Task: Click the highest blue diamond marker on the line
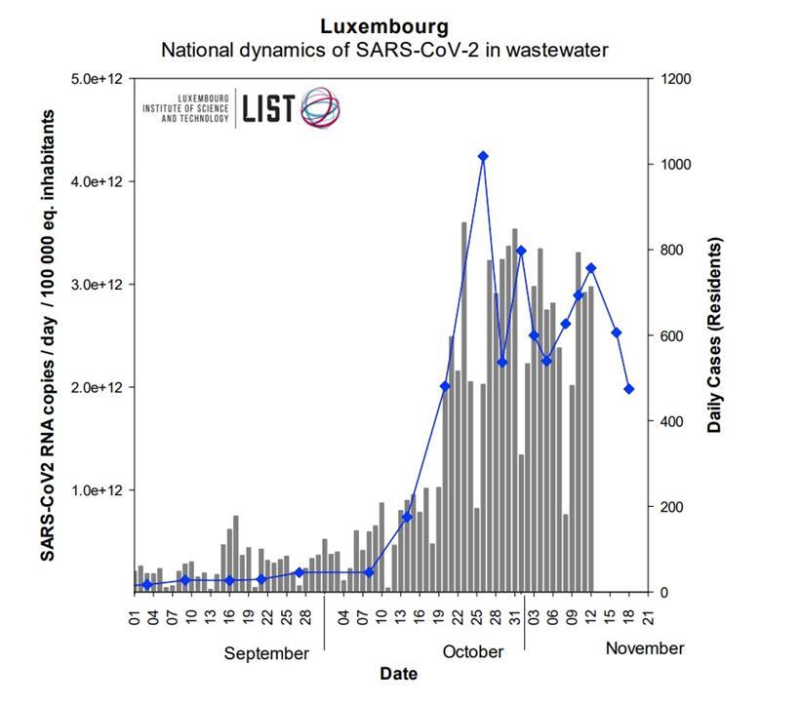tap(483, 156)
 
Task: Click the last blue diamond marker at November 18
tap(629, 389)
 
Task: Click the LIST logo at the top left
tap(291, 108)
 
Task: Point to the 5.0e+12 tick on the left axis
tap(99, 79)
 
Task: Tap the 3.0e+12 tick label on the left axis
tap(99, 285)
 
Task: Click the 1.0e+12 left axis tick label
tap(99, 490)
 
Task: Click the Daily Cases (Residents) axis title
tap(715, 334)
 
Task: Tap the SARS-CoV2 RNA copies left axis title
tap(47, 334)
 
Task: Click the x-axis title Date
tap(398, 674)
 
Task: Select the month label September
tap(266, 653)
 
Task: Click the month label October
tap(473, 651)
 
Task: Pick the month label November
tap(645, 648)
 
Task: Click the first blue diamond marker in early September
tap(147, 585)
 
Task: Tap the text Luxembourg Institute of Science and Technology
tap(186, 108)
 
